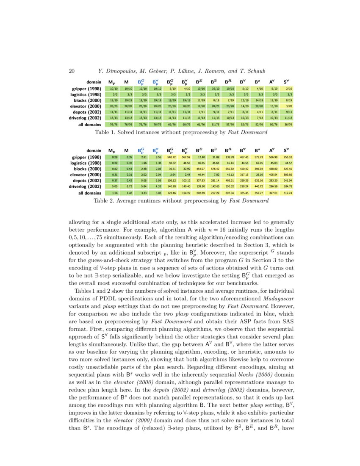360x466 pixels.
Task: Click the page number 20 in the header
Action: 72,71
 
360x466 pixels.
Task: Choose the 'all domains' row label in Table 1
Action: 89,125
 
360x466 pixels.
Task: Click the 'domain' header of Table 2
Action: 94,150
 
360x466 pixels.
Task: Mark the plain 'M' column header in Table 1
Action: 126,82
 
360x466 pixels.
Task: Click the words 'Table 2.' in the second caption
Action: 105,201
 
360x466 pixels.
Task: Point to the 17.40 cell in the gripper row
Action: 201,157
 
